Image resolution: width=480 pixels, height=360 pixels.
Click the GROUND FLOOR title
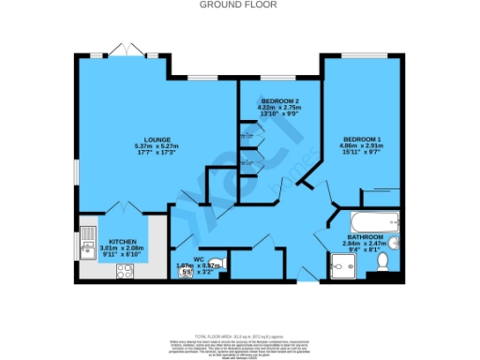point(240,5)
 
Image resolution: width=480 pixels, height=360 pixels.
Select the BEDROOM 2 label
point(279,101)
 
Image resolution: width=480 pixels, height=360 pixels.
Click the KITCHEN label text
point(123,241)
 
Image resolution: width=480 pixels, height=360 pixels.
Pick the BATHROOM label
point(365,236)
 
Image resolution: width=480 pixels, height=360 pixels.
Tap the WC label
point(198,259)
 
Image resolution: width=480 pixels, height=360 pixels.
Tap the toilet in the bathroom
point(382,273)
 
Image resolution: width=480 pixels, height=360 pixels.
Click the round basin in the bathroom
point(394,247)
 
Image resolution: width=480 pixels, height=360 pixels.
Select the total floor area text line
point(240,335)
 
